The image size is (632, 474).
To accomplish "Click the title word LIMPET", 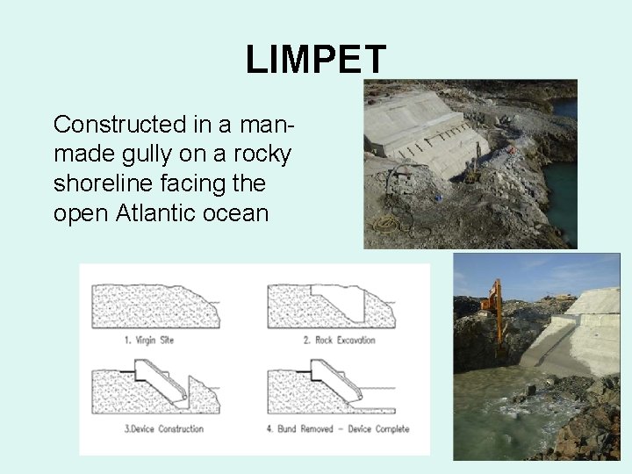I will pyautogui.click(x=315, y=60).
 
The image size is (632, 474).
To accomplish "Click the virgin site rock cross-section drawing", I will pyautogui.click(x=154, y=306).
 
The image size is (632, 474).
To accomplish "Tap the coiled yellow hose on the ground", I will pyautogui.click(x=386, y=222).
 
